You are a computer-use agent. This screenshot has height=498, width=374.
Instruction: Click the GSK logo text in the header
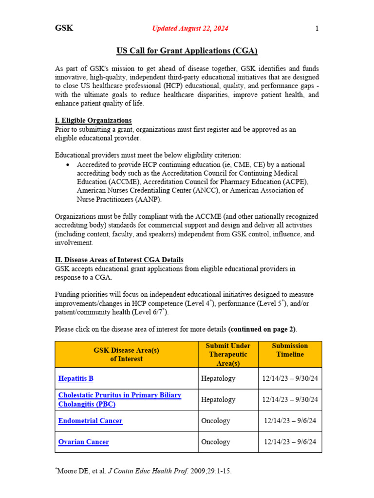pyautogui.click(x=64, y=28)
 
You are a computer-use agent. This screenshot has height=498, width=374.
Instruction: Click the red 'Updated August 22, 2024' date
pyautogui.click(x=190, y=29)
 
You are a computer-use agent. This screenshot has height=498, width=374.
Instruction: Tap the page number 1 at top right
pyautogui.click(x=317, y=29)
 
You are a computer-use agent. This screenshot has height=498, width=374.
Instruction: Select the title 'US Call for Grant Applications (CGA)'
pyautogui.click(x=187, y=51)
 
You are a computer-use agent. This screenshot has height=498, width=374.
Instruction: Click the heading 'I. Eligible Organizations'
pyautogui.click(x=93, y=121)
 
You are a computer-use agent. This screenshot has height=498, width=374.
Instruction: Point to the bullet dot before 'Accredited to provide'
pyautogui.click(x=68, y=165)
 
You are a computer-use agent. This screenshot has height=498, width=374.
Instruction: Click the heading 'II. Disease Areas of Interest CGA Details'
pyautogui.click(x=119, y=260)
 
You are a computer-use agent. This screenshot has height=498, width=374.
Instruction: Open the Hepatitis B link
pyautogui.click(x=75, y=378)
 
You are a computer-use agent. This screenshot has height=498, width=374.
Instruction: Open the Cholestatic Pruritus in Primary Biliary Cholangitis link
pyautogui.click(x=120, y=399)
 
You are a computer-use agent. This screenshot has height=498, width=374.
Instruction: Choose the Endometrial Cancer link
pyautogui.click(x=90, y=421)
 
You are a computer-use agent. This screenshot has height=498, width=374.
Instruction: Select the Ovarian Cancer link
pyautogui.click(x=83, y=442)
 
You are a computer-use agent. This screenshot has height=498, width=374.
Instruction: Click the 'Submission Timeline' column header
pyautogui.click(x=290, y=350)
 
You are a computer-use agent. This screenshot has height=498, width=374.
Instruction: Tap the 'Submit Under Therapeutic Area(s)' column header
pyautogui.click(x=228, y=354)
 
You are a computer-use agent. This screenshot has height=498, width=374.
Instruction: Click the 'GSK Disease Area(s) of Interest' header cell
pyautogui.click(x=126, y=354)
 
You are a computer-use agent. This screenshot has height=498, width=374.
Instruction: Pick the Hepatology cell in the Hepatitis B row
pyautogui.click(x=218, y=378)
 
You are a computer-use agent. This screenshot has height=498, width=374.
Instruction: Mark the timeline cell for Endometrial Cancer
pyautogui.click(x=290, y=421)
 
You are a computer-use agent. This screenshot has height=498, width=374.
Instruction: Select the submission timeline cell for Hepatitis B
pyautogui.click(x=290, y=378)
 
